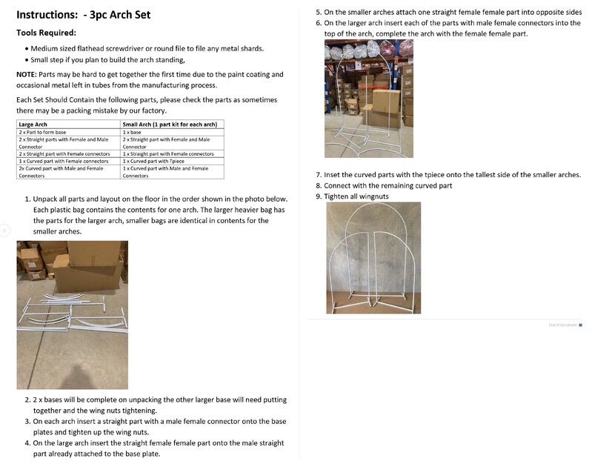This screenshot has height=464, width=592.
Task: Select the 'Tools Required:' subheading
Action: click(46, 33)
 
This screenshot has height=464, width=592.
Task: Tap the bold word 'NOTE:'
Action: click(28, 74)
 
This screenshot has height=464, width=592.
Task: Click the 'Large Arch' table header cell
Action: click(33, 125)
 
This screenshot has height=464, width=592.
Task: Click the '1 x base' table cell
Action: click(133, 132)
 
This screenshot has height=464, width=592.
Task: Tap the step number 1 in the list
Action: click(27, 199)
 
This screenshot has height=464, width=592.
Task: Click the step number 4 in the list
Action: click(27, 443)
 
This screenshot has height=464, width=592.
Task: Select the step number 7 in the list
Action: click(319, 175)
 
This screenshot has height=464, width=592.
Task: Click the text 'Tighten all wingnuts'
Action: click(356, 196)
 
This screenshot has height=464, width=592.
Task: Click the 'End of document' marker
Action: click(562, 325)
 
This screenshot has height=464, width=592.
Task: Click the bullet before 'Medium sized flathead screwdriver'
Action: click(27, 49)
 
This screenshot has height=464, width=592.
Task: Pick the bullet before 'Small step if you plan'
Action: click(27, 60)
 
